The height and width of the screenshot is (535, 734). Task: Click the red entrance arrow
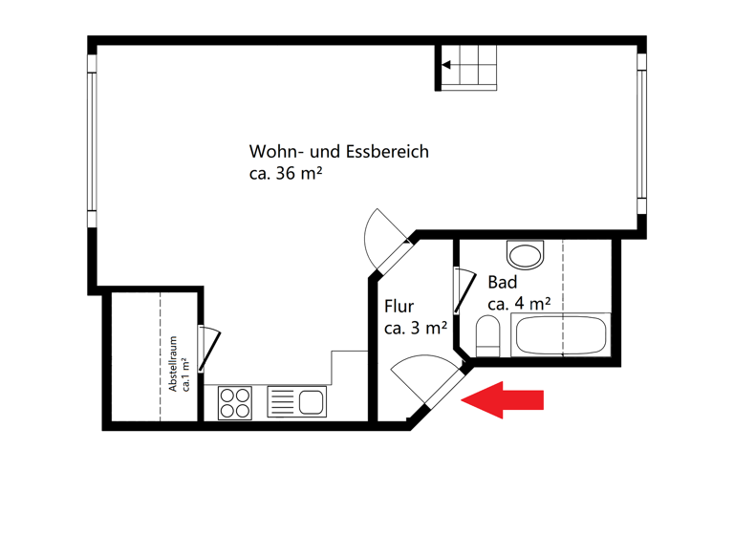tap(503, 399)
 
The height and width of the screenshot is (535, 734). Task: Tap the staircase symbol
tap(468, 68)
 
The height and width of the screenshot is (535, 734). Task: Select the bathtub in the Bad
tap(560, 336)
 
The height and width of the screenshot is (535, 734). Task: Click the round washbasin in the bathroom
tap(524, 254)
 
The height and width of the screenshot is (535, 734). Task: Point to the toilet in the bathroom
tap(487, 336)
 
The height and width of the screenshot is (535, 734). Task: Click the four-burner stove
tap(234, 401)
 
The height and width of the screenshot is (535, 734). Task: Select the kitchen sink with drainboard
tap(297, 401)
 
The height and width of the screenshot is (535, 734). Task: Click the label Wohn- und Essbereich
tap(338, 152)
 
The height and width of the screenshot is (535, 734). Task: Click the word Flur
tap(399, 307)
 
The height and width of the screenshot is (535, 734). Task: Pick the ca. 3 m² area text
tap(416, 328)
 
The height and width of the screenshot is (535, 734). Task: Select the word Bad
tap(502, 283)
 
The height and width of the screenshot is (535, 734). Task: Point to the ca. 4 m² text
tap(519, 304)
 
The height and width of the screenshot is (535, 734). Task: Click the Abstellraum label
tap(173, 363)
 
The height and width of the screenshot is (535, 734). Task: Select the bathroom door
tap(463, 290)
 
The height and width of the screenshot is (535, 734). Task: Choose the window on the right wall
tap(642, 134)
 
